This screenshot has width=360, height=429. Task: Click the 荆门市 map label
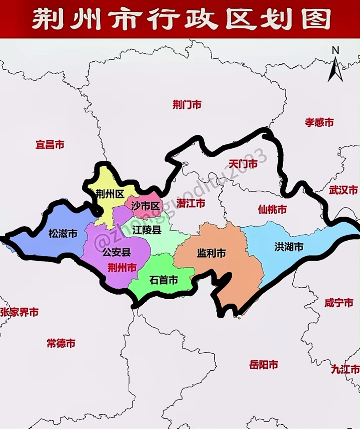coord(187,105)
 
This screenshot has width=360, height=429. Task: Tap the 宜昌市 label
coord(50,145)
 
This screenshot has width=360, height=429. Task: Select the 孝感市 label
coord(319,122)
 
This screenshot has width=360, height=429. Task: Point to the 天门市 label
coord(243,164)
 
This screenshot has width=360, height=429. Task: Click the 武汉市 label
coord(343,190)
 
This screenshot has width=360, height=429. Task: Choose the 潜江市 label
coord(191,203)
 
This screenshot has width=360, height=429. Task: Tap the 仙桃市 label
coord(272,209)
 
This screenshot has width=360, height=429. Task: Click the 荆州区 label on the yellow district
coord(110,193)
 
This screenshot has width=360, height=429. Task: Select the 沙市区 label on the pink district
coord(145,206)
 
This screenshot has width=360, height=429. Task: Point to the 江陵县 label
coord(147,230)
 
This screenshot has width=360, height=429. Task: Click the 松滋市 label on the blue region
coord(63,233)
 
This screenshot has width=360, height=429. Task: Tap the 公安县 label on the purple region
coord(117,252)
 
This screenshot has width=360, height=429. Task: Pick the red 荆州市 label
coord(122,267)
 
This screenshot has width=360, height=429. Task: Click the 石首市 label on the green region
coord(163,280)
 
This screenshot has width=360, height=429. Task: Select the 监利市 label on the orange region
coord(211,253)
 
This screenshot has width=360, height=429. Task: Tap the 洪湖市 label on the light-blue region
coord(289,247)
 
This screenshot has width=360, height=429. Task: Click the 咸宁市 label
coord(339,303)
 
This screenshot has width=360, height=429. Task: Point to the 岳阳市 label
coord(264,365)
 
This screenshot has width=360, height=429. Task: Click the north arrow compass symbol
coord(336,65)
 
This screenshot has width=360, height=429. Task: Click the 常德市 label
coord(61,343)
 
